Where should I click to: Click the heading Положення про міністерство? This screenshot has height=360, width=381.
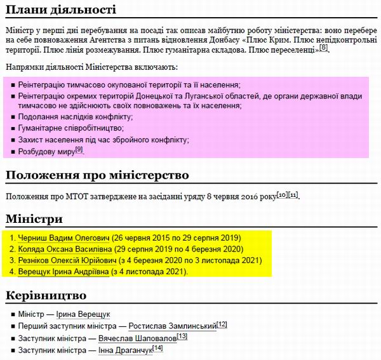click(x=97, y=175)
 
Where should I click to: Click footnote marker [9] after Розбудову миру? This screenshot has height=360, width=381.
click(x=79, y=149)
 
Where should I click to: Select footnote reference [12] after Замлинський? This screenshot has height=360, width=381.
click(x=222, y=324)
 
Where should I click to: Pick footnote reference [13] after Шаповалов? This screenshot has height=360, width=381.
click(x=182, y=336)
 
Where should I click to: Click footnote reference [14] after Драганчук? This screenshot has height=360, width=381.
click(x=157, y=348)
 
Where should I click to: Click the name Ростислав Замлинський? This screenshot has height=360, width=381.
click(x=171, y=326)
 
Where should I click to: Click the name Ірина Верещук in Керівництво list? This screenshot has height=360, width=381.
click(x=83, y=314)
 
